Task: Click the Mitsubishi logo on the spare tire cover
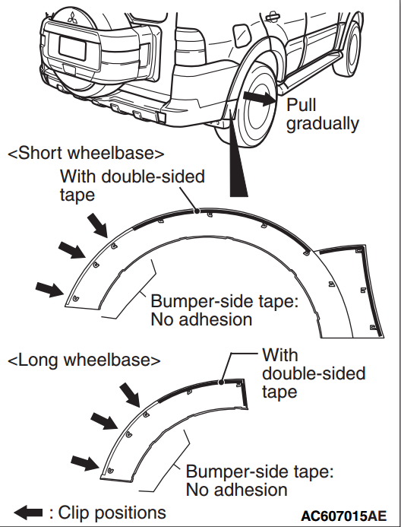(x=72, y=17)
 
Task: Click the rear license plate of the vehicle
(x=72, y=49)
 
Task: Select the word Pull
(x=301, y=105)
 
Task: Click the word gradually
(x=323, y=124)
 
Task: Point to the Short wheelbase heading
(x=86, y=154)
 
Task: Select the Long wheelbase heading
(x=84, y=360)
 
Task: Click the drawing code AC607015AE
(x=343, y=516)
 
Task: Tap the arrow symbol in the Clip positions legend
(x=29, y=513)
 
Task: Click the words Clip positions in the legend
(x=112, y=513)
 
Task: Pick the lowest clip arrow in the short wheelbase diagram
(x=50, y=290)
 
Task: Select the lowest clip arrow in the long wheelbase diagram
(x=85, y=463)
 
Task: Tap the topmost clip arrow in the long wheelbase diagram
(x=130, y=395)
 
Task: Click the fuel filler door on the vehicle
(x=242, y=35)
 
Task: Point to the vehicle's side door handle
(x=272, y=17)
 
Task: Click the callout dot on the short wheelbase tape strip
(x=197, y=211)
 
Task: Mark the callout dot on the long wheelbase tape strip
(x=221, y=382)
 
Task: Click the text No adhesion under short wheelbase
(x=201, y=319)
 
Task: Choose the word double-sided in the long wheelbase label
(x=314, y=373)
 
